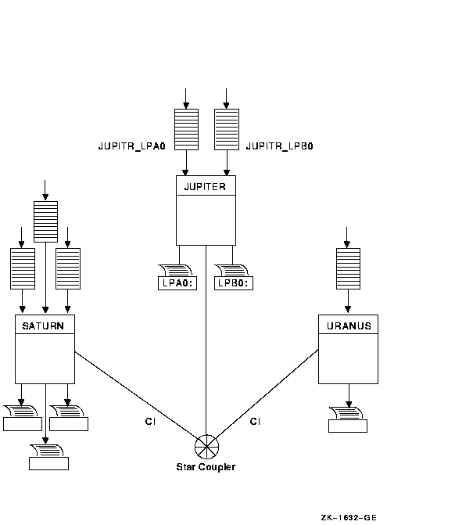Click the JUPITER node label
[x=205, y=186]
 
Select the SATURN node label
[x=43, y=325]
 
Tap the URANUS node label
[x=349, y=325]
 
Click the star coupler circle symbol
[x=206, y=447]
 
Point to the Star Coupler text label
[x=206, y=467]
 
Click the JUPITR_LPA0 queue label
[x=132, y=146]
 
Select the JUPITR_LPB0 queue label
[x=279, y=146]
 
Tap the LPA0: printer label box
[x=177, y=283]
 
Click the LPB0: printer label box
[x=234, y=283]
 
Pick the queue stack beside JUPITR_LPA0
[x=186, y=129]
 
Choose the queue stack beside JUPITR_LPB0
[x=227, y=129]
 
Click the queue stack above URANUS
[x=348, y=268]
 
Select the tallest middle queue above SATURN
[x=45, y=221]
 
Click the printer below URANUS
[x=348, y=420]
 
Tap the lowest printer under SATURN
[x=48, y=458]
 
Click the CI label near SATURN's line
[x=150, y=422]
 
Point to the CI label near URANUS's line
[x=255, y=422]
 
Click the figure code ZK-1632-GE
[x=349, y=518]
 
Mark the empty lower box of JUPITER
[x=206, y=220]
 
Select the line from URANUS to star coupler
[x=267, y=394]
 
